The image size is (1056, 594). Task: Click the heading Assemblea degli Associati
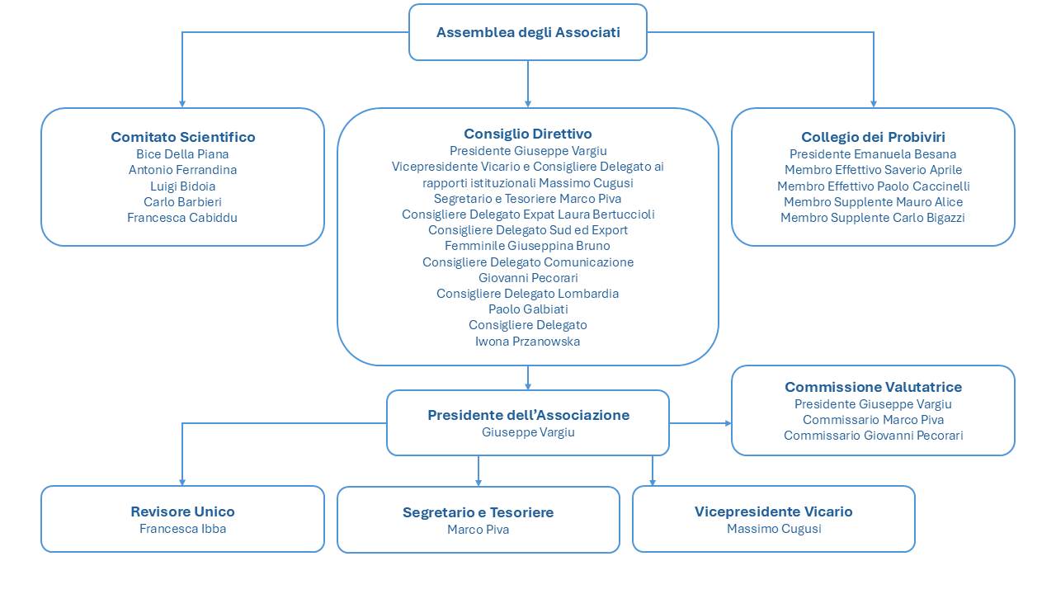tap(528, 32)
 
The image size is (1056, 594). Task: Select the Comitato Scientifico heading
tap(183, 137)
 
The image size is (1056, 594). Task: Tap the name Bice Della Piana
tap(182, 154)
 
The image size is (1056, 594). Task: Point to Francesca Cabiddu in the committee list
tap(182, 218)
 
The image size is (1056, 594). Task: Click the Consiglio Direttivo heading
tap(528, 134)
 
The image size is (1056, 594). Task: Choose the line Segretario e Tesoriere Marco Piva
tap(527, 199)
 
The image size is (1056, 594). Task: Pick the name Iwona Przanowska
tap(527, 342)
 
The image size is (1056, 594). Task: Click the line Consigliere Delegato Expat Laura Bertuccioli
tap(528, 214)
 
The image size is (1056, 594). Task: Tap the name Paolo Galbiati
tap(528, 309)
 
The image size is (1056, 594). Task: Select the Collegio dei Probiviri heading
tap(873, 137)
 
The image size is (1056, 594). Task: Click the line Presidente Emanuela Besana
tap(873, 154)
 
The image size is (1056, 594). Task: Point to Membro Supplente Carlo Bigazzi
tap(873, 218)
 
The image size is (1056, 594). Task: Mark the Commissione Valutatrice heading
tap(873, 387)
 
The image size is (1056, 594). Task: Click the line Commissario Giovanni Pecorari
tap(873, 436)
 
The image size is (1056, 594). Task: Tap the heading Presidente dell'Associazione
tap(529, 415)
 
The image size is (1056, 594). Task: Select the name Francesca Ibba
tap(183, 529)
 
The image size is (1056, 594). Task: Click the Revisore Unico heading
tap(183, 512)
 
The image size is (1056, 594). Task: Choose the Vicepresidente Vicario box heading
tap(774, 512)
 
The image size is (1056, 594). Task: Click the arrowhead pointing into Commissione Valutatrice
tap(728, 423)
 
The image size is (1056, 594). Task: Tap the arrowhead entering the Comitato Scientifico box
tap(182, 104)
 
